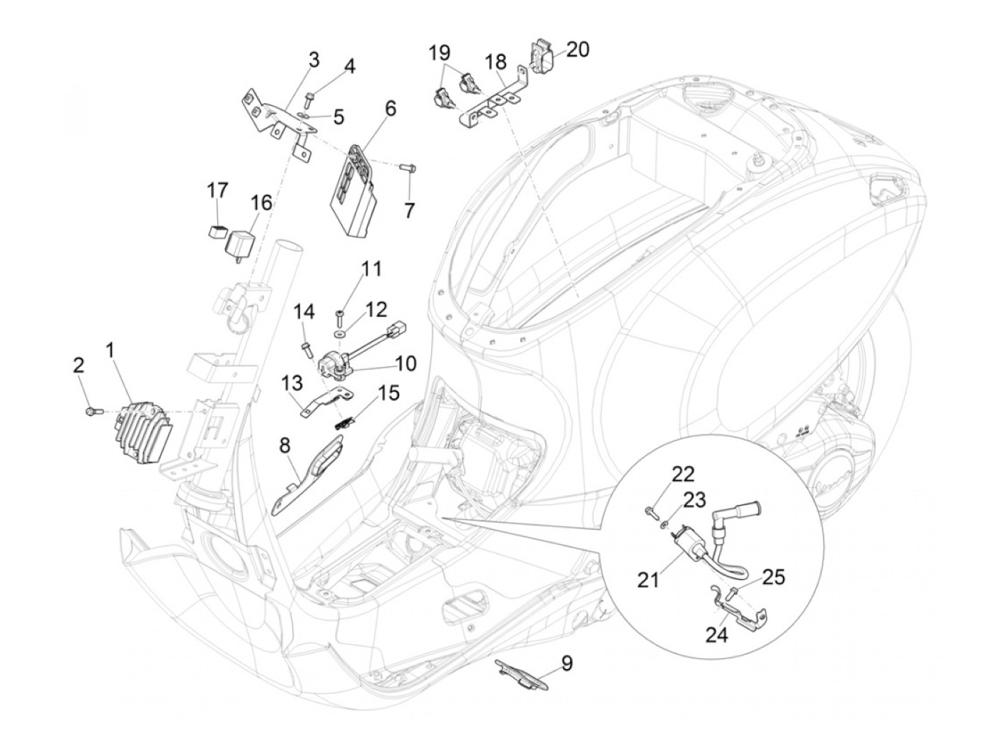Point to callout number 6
[x=391, y=110]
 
